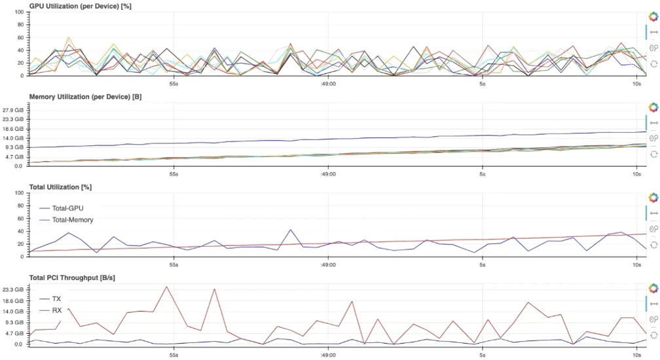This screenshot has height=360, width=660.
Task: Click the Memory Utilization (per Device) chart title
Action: pos(85,97)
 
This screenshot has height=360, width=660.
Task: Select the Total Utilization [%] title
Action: pos(60,187)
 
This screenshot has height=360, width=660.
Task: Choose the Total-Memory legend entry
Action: pos(72,220)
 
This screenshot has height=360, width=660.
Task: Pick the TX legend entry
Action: pos(56,298)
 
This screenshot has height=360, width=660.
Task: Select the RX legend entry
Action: pos(56,310)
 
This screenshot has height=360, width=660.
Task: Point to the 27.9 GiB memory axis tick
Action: pos(14,110)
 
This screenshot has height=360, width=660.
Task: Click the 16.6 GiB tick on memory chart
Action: pos(14,129)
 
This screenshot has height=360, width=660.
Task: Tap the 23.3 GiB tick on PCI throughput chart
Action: pos(14,289)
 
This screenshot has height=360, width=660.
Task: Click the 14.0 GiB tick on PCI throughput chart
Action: pos(14,312)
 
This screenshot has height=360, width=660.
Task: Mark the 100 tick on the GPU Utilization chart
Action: pos(18,12)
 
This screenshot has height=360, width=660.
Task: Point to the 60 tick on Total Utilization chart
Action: pos(20,219)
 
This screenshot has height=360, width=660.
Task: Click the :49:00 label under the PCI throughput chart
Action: pos(328,355)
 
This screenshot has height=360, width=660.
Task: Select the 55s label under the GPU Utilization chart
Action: pos(174,84)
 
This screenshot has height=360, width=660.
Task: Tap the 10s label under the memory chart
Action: pos(636,174)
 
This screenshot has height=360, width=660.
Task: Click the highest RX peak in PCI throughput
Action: pos(167,287)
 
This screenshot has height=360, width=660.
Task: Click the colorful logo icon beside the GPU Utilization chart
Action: pos(653,15)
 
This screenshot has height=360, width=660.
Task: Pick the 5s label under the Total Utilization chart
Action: pos(482,264)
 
